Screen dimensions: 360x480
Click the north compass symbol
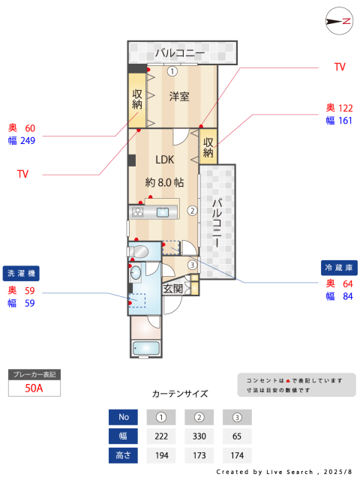[x=339, y=21]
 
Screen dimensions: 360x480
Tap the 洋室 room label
[x=179, y=97]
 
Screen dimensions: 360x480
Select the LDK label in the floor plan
[x=165, y=160]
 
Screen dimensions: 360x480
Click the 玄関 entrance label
[x=172, y=288]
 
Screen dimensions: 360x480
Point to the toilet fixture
[x=138, y=252]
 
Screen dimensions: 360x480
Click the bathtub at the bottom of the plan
[x=146, y=348]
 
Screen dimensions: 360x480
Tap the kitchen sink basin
[x=163, y=212]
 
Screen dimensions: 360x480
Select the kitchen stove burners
[x=137, y=212]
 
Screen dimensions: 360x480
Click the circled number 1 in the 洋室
[x=172, y=71]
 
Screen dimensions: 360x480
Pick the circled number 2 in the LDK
[x=192, y=211]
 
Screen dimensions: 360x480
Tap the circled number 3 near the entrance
[x=192, y=265]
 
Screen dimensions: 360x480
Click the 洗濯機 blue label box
[x=21, y=273]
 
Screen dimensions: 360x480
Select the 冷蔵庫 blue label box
[x=339, y=268]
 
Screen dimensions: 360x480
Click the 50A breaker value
[x=34, y=388]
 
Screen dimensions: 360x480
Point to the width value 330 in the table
[x=199, y=436]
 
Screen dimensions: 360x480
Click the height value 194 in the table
[x=162, y=455]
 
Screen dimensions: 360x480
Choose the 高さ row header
[x=123, y=455]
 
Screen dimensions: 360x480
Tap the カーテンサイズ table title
[x=180, y=394]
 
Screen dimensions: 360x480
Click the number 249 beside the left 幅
[x=28, y=141]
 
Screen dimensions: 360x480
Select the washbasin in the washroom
[x=136, y=271]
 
